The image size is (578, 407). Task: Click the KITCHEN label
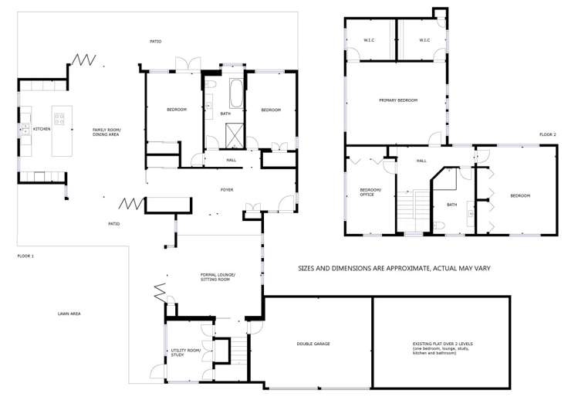coord(41,129)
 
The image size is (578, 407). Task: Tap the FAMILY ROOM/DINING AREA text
coord(106,132)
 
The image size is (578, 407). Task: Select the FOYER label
coord(227,189)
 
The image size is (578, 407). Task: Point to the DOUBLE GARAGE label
coord(313,344)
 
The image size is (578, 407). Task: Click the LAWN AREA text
coord(69,314)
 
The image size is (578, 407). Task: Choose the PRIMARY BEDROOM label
coord(397,100)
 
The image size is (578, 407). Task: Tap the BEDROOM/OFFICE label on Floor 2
coord(370,194)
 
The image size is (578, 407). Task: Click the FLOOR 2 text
coord(548,134)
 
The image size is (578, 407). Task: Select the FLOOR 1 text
coord(26,256)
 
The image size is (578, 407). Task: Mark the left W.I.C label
coord(369,40)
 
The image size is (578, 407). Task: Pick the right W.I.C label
coord(424,40)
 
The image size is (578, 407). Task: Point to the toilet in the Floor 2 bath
coord(439,225)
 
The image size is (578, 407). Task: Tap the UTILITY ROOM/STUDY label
coord(185,353)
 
